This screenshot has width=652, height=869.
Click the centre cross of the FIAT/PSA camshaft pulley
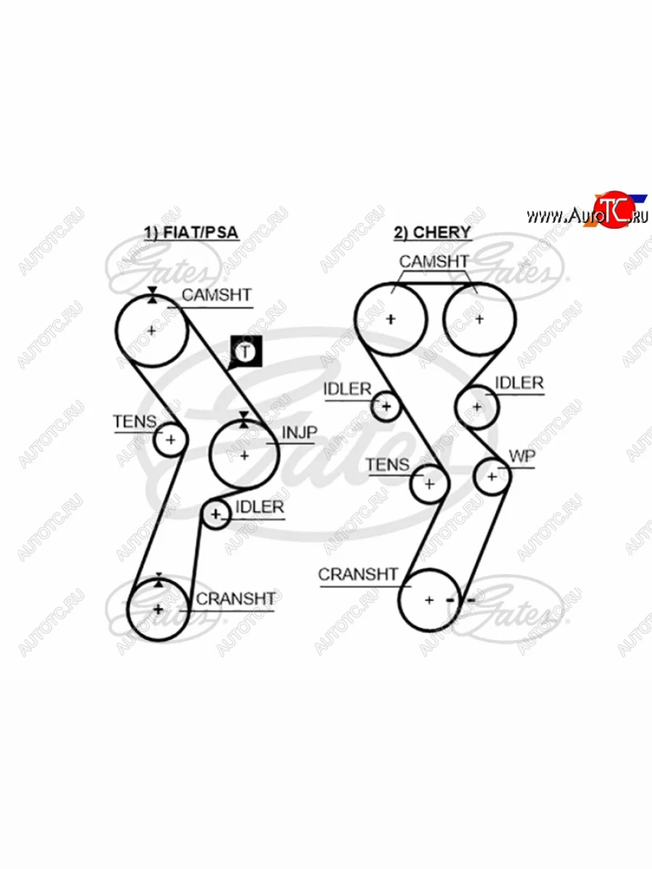(151, 330)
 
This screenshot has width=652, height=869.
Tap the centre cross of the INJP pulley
(244, 456)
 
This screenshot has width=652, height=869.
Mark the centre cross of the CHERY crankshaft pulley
(429, 600)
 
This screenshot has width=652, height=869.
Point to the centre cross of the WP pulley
(492, 477)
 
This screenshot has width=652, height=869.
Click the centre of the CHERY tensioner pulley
(429, 484)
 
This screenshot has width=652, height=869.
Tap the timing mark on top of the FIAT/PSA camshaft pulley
(152, 295)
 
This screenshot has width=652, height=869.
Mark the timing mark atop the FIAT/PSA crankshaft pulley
(159, 580)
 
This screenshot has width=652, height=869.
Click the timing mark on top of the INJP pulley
(244, 419)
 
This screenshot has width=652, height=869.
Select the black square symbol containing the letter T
(246, 351)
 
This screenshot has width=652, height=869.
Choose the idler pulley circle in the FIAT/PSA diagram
(216, 514)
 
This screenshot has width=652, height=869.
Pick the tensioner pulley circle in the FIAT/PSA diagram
(171, 440)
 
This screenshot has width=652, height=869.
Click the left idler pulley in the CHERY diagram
(386, 406)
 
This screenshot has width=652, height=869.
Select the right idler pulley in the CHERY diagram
(477, 407)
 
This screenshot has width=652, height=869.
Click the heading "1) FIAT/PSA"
(191, 232)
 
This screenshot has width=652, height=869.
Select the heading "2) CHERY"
(432, 232)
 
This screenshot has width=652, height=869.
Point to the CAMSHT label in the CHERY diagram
(433, 261)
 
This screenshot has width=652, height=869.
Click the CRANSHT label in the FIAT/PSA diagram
(235, 599)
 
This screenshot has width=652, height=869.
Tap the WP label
(522, 456)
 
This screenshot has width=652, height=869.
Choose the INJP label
(299, 432)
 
